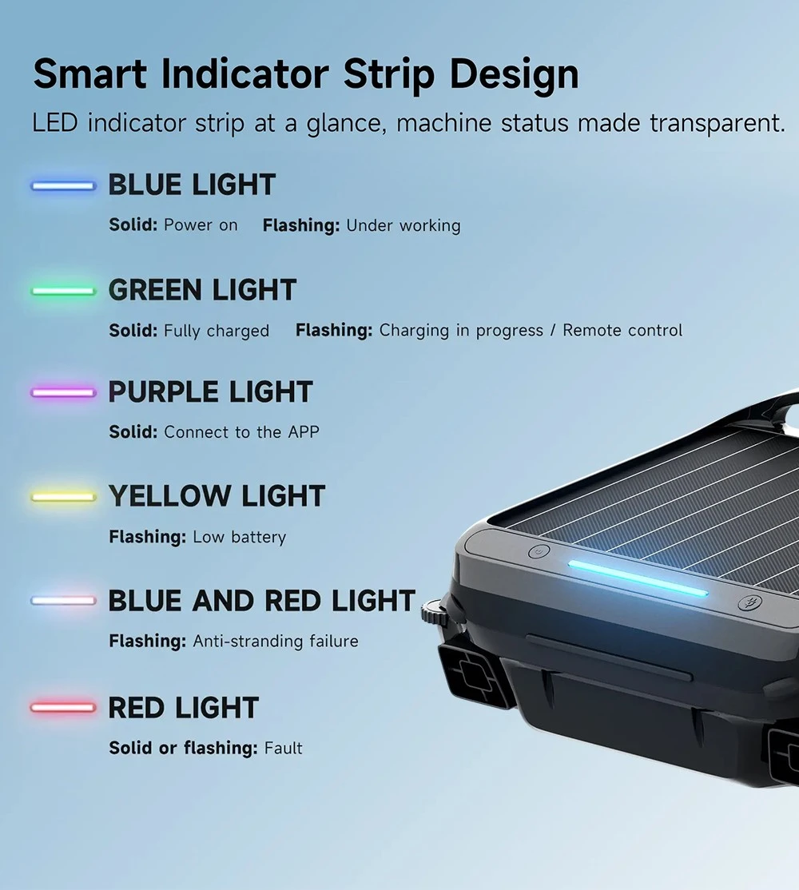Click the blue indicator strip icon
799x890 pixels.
pyautogui.click(x=64, y=186)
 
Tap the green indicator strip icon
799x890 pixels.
pyautogui.click(x=64, y=291)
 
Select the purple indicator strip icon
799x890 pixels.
pyautogui.click(x=64, y=393)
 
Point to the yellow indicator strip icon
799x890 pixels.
pyautogui.click(x=64, y=497)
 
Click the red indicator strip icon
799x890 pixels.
pyautogui.click(x=64, y=707)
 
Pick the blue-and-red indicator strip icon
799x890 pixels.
pyautogui.click(x=64, y=601)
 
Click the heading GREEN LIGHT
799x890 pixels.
pyautogui.click(x=203, y=290)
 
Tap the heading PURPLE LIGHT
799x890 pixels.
pyautogui.click(x=210, y=392)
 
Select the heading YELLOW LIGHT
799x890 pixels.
pyautogui.click(x=217, y=496)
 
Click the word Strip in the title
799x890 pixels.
pyautogui.click(x=389, y=75)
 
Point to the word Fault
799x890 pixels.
pyautogui.click(x=283, y=748)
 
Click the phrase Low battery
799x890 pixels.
pyautogui.click(x=240, y=537)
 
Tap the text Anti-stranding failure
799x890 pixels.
pyautogui.click(x=276, y=642)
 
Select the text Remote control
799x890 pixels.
pyautogui.click(x=622, y=330)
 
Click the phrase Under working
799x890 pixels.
pyautogui.click(x=403, y=226)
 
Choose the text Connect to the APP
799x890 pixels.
pyautogui.click(x=242, y=432)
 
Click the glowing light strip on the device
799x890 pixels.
pyautogui.click(x=638, y=578)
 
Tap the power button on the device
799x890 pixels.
pyautogui.click(x=539, y=551)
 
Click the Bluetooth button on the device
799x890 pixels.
pyautogui.click(x=749, y=602)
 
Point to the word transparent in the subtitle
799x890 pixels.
pyautogui.click(x=718, y=124)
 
